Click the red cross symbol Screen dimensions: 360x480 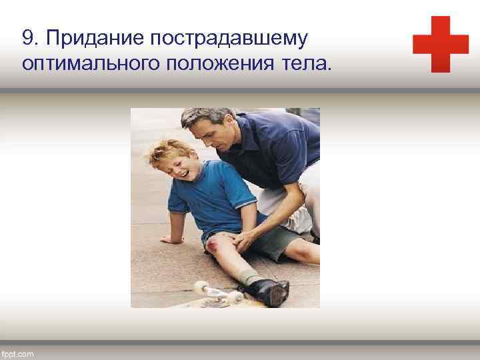[441, 44]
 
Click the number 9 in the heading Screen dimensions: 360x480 [27, 39]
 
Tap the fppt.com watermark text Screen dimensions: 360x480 [18, 353]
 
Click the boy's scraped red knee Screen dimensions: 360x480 [214, 248]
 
